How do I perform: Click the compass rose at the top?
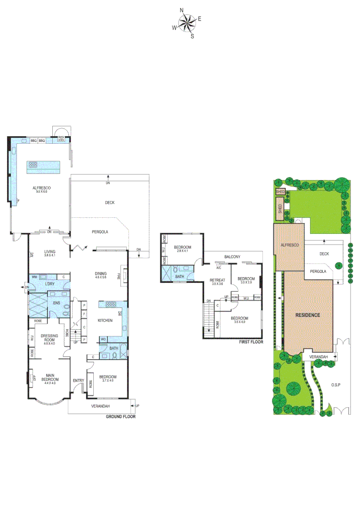187,23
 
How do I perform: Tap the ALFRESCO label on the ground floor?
41,188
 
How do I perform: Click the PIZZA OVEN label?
61,139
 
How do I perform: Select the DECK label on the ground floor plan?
109,203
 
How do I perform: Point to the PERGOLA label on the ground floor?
100,232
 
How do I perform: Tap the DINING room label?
101,273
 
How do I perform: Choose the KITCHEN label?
105,320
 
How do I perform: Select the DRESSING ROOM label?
49,337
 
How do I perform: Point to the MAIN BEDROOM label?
49,378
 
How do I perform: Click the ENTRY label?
78,380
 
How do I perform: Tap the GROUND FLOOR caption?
120,417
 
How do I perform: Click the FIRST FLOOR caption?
250,342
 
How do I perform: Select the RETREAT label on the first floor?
217,280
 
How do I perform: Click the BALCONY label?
232,256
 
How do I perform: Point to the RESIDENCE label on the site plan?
308,315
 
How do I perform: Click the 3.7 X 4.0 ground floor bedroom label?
108,378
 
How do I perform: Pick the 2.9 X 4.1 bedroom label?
181,249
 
